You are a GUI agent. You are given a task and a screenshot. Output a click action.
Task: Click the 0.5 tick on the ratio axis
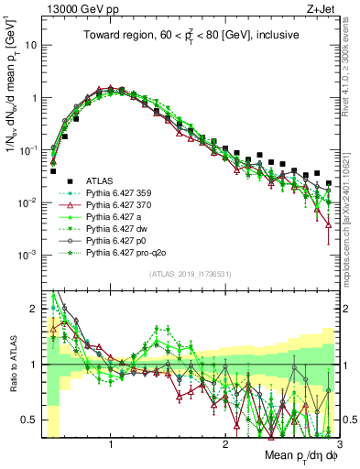point(31,420)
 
